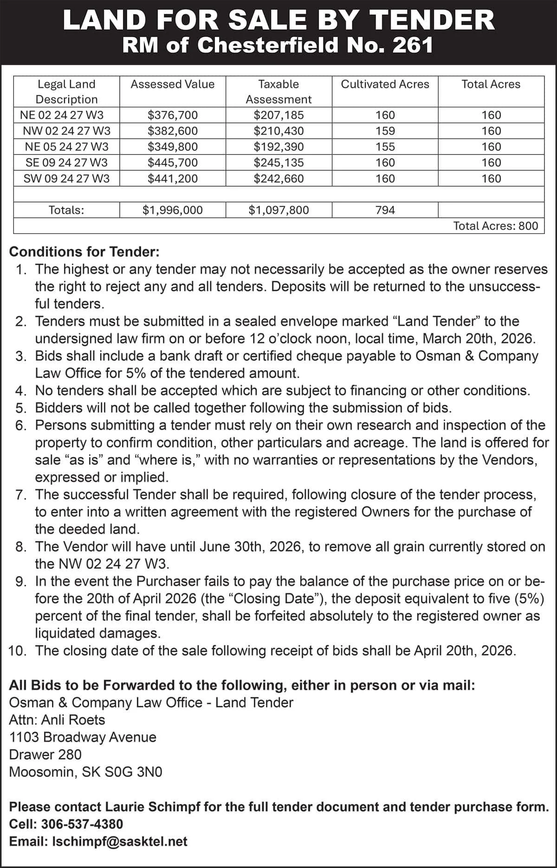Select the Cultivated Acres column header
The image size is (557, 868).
tap(385, 84)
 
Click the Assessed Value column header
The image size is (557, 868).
tap(172, 84)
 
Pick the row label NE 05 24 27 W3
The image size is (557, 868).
tap(66, 147)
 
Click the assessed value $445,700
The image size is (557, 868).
tap(172, 162)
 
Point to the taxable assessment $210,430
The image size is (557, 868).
tap(278, 131)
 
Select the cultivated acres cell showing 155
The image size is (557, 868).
tap(385, 147)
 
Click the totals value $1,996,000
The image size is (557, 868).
tap(172, 210)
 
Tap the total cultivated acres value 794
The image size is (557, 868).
tap(385, 210)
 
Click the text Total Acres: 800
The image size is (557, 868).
tap(495, 226)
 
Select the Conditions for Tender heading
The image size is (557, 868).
tap(84, 252)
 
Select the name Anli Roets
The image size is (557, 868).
tap(73, 720)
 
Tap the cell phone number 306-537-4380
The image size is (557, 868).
tap(82, 824)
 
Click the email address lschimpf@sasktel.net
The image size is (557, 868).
tap(120, 842)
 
